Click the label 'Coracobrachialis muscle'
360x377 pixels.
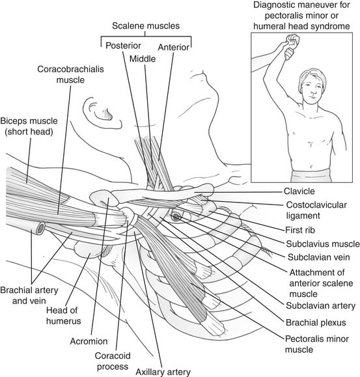70,74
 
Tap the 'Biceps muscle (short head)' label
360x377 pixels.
29,126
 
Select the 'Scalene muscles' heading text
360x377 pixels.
146,26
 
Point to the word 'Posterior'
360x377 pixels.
123,46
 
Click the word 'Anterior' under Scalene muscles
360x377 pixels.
174,47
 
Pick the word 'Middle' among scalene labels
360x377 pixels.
143,59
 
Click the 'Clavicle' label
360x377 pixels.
299,191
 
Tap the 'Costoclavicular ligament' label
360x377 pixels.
316,210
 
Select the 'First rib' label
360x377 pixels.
300,230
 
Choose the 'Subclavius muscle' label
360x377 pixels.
323,244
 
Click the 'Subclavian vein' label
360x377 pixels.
319,257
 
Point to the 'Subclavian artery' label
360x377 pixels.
320,305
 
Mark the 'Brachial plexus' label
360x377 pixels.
316,322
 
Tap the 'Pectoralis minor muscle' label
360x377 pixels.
317,344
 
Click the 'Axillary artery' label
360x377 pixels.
163,372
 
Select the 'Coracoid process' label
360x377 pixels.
113,361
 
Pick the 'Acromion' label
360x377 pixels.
89,341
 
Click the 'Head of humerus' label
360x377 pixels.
63,315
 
